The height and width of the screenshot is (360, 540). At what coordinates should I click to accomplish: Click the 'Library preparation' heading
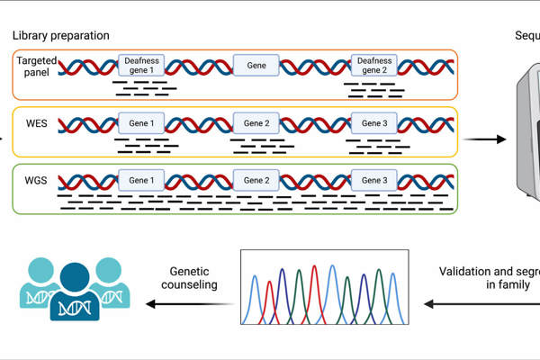pos(61,35)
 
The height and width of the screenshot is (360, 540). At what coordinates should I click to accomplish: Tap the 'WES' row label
pos(37,121)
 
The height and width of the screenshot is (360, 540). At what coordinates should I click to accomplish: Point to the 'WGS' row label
pos(37,180)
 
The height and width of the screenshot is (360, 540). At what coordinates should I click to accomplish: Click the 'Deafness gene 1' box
pos(142,66)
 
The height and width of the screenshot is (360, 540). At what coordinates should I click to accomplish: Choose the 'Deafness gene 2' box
pos(374,66)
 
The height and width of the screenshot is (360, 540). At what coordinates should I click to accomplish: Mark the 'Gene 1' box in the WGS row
pos(142,180)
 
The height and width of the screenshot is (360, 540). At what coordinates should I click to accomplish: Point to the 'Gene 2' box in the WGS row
pos(257,180)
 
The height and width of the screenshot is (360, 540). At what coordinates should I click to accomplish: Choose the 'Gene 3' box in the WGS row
pos(373,180)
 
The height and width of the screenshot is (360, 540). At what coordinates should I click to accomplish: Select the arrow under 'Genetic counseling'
pos(188,304)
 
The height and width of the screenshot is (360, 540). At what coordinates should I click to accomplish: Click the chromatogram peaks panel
pos(324,287)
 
